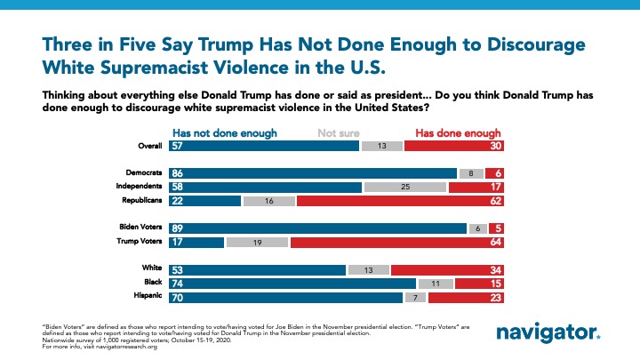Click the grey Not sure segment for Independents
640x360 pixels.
[x=404, y=188]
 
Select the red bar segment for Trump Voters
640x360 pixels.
[x=397, y=241]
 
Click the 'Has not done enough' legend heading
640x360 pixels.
[x=226, y=132]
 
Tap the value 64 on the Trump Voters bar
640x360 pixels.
[x=492, y=241]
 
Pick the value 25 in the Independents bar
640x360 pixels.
[x=405, y=188]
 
